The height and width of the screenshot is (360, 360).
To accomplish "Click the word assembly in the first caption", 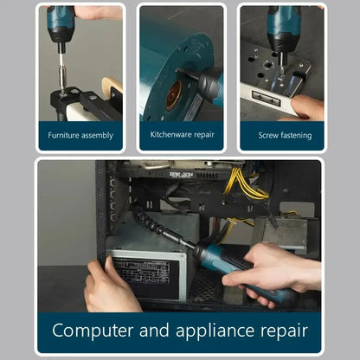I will coord(97,136).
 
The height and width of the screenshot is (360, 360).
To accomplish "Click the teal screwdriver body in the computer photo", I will coord(225,264).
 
